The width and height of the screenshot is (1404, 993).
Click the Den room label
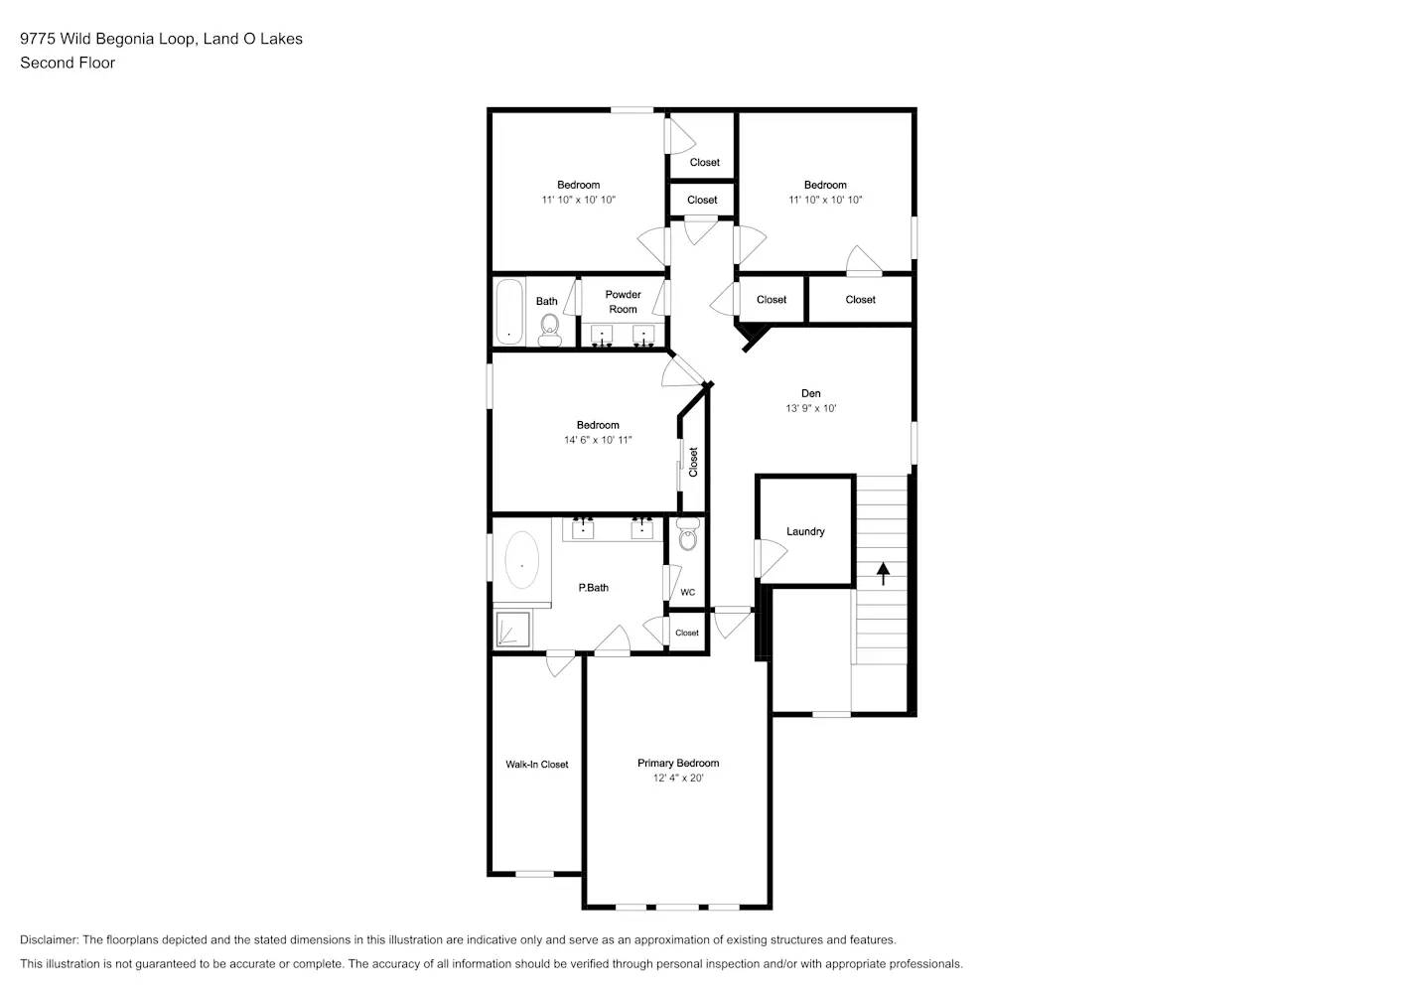click(x=810, y=393)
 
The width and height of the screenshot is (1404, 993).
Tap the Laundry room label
click(x=805, y=531)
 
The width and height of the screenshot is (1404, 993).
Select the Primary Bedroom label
click(x=678, y=763)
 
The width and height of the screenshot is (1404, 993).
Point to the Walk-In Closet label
click(x=536, y=765)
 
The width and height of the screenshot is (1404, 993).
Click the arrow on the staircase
click(x=883, y=573)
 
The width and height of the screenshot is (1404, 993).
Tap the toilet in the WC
click(x=687, y=536)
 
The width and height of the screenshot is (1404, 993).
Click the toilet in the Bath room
click(x=549, y=329)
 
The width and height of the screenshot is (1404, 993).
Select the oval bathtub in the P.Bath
click(x=522, y=561)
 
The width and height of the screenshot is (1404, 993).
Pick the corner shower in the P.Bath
click(x=513, y=630)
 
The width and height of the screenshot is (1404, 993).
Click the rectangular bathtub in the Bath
click(x=509, y=312)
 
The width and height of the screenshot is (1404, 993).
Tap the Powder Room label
click(x=623, y=302)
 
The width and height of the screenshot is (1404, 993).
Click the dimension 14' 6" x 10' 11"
click(x=598, y=440)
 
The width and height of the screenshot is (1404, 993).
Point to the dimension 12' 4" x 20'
click(x=678, y=779)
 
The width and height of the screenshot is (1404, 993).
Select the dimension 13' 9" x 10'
click(x=810, y=408)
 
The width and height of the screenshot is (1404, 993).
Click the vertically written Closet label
click(x=693, y=462)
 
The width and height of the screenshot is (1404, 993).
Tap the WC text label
click(x=687, y=593)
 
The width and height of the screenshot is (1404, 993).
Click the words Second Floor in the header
click(x=68, y=63)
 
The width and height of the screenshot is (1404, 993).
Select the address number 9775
click(x=38, y=39)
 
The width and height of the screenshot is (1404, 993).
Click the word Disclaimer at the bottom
click(x=49, y=939)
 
